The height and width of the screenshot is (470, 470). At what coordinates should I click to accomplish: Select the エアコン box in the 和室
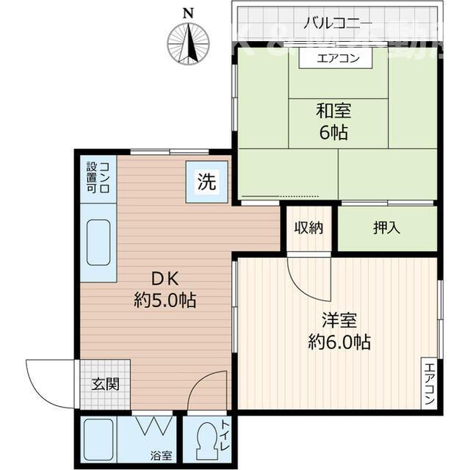pyautogui.click(x=338, y=59)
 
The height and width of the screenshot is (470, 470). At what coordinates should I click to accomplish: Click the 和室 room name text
pyautogui.click(x=333, y=112)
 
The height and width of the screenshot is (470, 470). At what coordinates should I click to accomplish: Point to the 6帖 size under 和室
pyautogui.click(x=333, y=133)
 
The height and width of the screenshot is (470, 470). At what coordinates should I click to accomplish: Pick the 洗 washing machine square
pyautogui.click(x=207, y=182)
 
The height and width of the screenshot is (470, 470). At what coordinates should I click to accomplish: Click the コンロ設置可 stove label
pyautogui.click(x=98, y=178)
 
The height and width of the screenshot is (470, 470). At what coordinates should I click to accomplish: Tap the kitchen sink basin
pyautogui.click(x=98, y=242)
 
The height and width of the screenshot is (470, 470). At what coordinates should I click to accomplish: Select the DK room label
pyautogui.click(x=166, y=278)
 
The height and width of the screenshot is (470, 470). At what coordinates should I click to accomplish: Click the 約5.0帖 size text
pyautogui.click(x=166, y=300)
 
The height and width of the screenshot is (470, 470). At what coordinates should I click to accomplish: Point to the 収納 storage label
pyautogui.click(x=308, y=228)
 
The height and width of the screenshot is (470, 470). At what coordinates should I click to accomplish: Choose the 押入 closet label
pyautogui.click(x=386, y=228)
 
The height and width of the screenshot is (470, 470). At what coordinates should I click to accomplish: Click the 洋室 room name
pyautogui.click(x=339, y=320)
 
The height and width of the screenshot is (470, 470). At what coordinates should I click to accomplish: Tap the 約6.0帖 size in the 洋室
pyautogui.click(x=339, y=341)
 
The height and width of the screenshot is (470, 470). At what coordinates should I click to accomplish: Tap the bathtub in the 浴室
pyautogui.click(x=98, y=439)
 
